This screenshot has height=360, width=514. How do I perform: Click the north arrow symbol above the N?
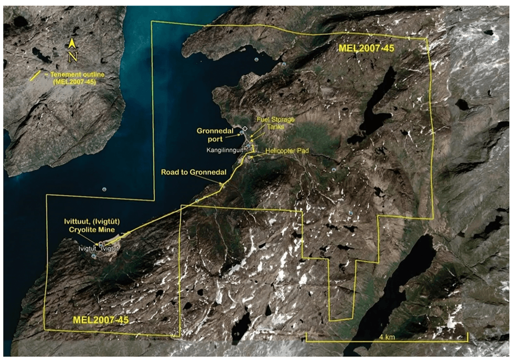click(x=73, y=44)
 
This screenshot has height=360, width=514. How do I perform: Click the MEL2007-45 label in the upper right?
click(x=366, y=48)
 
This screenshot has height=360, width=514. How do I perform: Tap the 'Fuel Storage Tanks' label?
click(x=275, y=123)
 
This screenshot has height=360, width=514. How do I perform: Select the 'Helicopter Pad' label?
click(x=286, y=151)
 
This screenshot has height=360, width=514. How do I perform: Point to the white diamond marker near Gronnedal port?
click(x=244, y=129)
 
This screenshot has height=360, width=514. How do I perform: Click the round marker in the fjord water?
click(x=104, y=189)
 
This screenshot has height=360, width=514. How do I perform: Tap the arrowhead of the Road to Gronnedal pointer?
click(x=222, y=184)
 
